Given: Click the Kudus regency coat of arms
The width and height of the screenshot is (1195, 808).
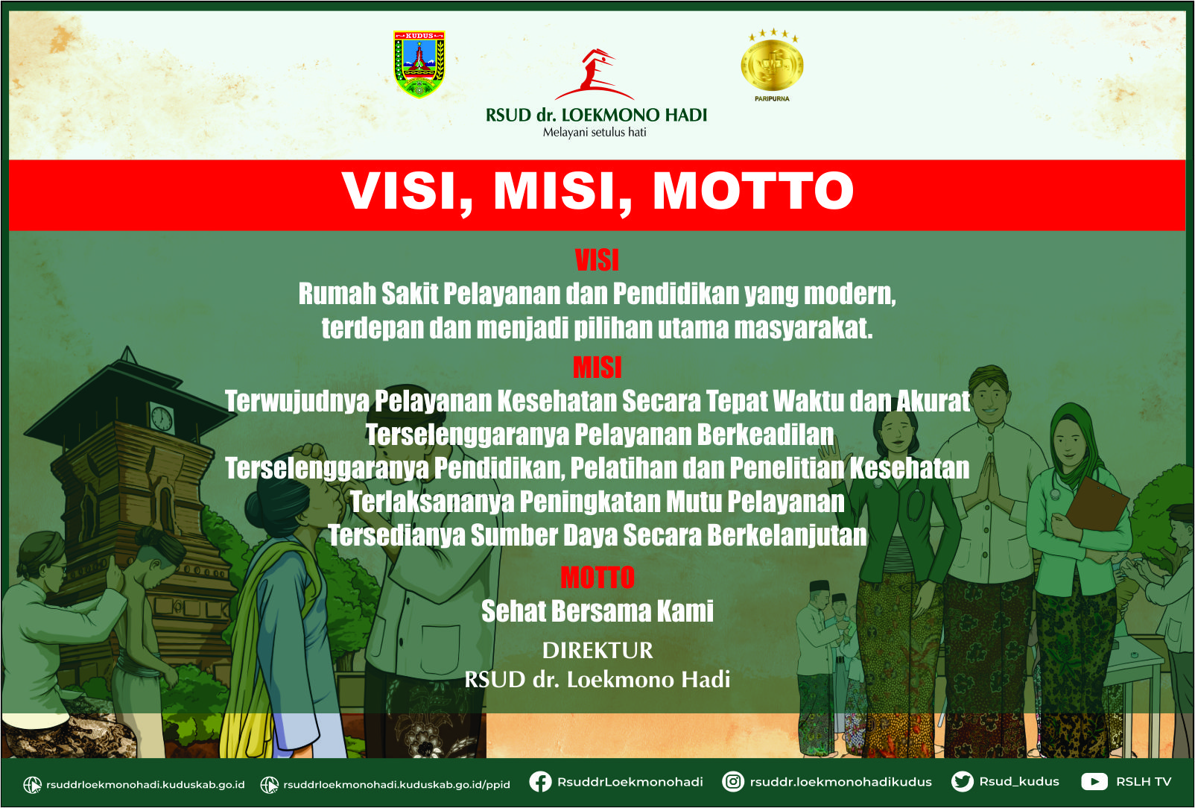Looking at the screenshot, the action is pos(419,64).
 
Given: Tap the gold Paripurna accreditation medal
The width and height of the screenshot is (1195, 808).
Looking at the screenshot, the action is pos(772,65).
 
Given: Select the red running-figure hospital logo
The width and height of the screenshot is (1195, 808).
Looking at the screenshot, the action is pos(594,74).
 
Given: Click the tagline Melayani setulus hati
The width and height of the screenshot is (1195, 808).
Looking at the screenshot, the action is pos(595,133).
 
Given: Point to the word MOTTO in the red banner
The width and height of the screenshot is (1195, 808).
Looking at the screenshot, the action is pos(753,191).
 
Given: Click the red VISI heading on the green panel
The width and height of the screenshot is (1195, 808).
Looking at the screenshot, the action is pos(597,260).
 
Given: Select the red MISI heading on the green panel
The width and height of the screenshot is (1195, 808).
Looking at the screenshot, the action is pos(597,367).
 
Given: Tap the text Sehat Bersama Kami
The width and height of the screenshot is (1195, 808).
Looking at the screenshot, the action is pos(597,611).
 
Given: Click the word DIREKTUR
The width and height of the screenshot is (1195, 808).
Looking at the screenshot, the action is pos(597,650).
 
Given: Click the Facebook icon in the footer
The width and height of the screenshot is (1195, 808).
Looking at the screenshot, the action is pos(540,782).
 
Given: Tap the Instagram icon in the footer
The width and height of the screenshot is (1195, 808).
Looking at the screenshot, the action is pos(733,782).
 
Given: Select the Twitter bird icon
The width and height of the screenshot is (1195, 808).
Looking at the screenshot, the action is pos(963,782).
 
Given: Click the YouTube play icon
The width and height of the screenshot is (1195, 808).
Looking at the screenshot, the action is pos(1094,782).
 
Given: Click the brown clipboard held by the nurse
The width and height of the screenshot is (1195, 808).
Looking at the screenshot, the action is pos(1097,505).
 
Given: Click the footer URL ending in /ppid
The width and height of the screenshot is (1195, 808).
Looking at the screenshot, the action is pos(396,784).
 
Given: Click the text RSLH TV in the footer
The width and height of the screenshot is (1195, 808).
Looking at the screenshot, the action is pos(1144,782).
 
